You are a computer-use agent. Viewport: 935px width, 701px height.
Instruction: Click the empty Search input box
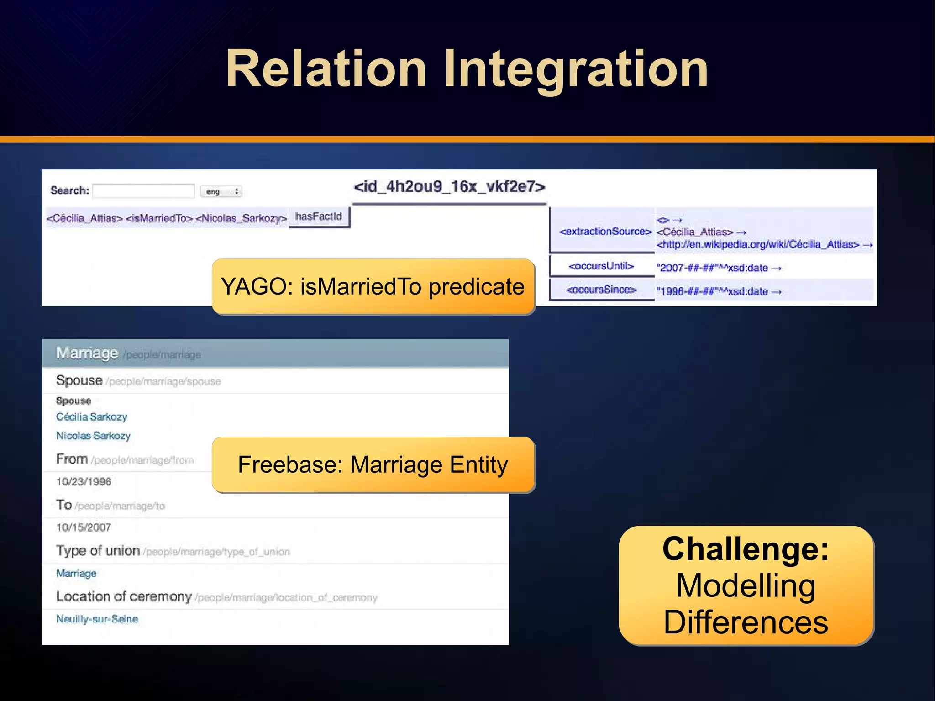(143, 191)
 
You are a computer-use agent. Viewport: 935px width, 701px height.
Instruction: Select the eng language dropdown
(221, 191)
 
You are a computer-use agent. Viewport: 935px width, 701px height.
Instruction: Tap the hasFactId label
(319, 216)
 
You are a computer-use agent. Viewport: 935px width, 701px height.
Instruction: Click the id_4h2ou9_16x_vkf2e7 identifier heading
(449, 187)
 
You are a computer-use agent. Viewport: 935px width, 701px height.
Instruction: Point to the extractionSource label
(605, 231)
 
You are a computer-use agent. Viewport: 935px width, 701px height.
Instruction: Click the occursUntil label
(601, 266)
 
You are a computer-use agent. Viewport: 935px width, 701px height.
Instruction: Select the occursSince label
(601, 290)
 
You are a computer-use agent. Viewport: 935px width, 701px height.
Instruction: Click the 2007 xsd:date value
(712, 268)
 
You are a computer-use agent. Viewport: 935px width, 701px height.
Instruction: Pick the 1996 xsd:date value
(712, 291)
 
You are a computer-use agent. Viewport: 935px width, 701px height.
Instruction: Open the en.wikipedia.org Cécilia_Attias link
(758, 244)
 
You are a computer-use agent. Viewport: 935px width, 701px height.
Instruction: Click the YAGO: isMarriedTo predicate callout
(373, 287)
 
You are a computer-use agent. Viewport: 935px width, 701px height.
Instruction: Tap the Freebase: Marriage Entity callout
(373, 465)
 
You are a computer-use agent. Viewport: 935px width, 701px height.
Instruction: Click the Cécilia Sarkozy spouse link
(91, 416)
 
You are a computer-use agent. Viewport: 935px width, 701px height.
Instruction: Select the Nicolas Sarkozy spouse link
(93, 436)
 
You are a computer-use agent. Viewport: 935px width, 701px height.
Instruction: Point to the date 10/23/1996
(84, 481)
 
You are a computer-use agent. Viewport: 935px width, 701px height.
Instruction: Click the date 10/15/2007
(84, 527)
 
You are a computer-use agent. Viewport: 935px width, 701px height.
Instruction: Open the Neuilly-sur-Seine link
(97, 619)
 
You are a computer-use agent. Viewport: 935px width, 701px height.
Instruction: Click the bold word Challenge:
(746, 549)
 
